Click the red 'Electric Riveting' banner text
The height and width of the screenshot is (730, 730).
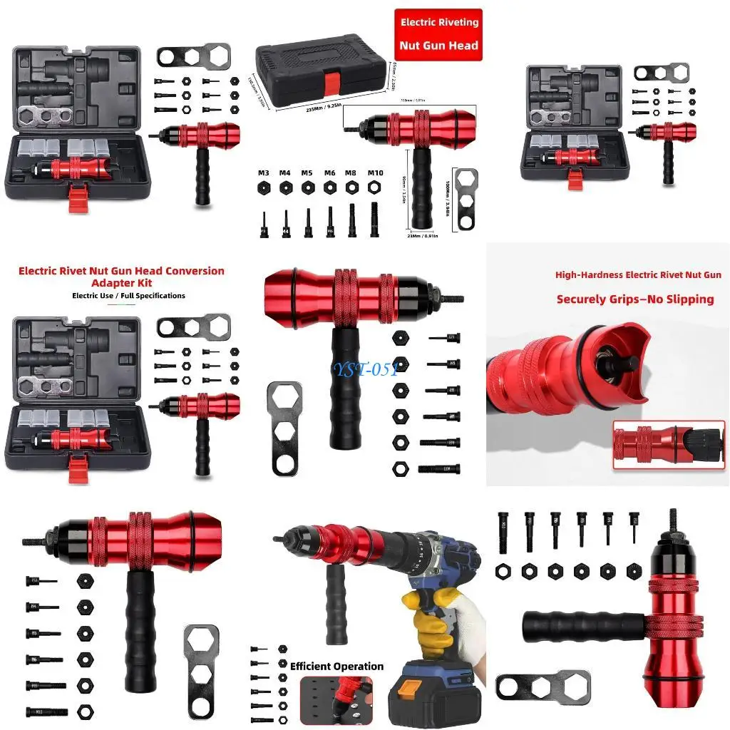click(439, 23)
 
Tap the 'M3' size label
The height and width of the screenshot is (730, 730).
click(264, 173)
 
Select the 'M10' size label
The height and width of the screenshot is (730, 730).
click(374, 173)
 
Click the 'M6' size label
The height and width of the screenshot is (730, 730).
click(329, 173)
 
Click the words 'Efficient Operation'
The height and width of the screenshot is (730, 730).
click(336, 667)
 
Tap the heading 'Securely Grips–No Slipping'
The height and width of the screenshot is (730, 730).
click(635, 299)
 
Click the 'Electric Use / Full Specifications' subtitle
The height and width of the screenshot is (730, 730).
click(128, 295)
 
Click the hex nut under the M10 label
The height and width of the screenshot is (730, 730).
click(374, 187)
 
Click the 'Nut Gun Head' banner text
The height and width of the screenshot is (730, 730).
click(439, 46)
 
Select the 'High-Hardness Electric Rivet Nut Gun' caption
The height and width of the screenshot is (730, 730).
click(638, 274)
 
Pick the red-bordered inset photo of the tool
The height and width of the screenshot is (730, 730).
click(668, 444)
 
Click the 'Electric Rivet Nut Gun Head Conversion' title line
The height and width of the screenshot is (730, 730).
click(121, 271)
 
